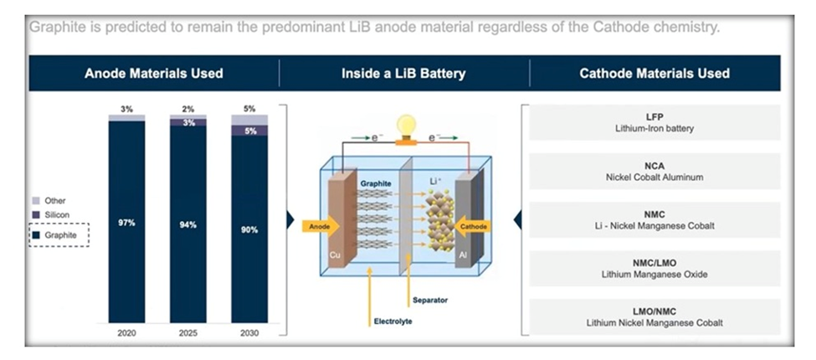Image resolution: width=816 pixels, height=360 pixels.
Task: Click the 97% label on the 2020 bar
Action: point(126,223)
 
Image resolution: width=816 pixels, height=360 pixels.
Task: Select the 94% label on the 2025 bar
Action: point(187,224)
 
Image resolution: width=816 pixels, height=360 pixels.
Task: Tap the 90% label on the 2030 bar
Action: point(249,229)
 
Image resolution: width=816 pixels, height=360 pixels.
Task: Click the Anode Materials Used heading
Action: point(154,74)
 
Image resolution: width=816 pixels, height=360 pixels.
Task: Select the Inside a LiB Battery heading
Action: point(403,74)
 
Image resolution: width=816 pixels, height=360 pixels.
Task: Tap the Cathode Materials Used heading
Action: point(654,74)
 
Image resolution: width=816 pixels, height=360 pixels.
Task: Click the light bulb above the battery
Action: point(407,126)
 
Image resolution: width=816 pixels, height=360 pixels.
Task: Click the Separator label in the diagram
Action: point(432,299)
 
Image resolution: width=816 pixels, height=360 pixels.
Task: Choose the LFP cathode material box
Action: point(654,123)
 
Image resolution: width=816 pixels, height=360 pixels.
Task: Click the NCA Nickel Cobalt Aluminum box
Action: point(654,172)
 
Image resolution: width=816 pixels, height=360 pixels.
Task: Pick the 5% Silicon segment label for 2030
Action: point(249,131)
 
